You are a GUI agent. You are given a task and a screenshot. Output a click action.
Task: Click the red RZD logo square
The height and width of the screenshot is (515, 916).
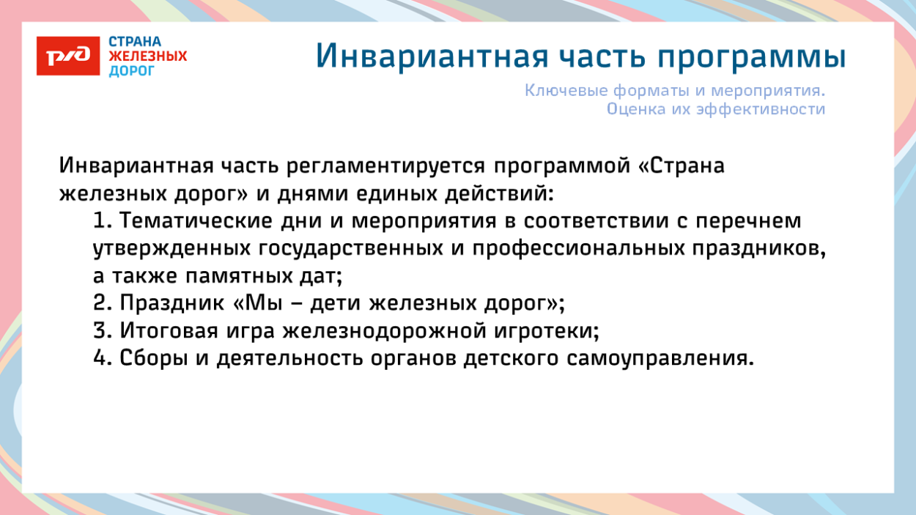pyautogui.click(x=68, y=56)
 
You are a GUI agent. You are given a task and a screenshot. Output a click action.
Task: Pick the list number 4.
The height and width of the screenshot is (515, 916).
pyautogui.click(x=101, y=359)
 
